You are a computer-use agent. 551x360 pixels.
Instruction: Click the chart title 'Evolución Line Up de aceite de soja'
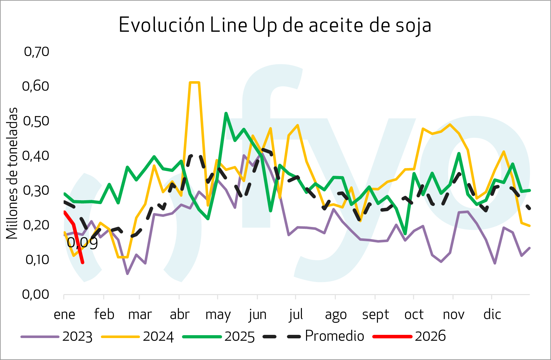pos(275,25)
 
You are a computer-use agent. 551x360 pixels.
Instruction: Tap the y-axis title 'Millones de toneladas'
pos(12,173)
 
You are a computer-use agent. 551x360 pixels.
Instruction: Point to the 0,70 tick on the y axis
pos(37,52)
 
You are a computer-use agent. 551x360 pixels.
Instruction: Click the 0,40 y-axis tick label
pos(36,156)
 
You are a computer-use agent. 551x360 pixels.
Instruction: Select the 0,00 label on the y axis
pos(36,294)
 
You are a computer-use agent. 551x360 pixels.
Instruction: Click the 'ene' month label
pos(65,314)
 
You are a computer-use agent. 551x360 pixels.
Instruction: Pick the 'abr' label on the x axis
pos(180,314)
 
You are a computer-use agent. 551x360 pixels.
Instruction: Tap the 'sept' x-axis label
pos(375,314)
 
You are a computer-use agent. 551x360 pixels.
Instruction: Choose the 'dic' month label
pos(492,314)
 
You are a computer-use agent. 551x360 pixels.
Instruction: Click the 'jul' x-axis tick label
pos(296,314)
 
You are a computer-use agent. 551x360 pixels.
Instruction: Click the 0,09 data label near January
pos(82,243)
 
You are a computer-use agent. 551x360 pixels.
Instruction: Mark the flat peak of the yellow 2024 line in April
pos(194,82)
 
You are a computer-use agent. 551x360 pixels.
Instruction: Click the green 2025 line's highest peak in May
pos(226,113)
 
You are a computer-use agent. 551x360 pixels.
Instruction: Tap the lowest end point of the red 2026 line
pos(83,263)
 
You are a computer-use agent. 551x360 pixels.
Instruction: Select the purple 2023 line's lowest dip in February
pos(127,273)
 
